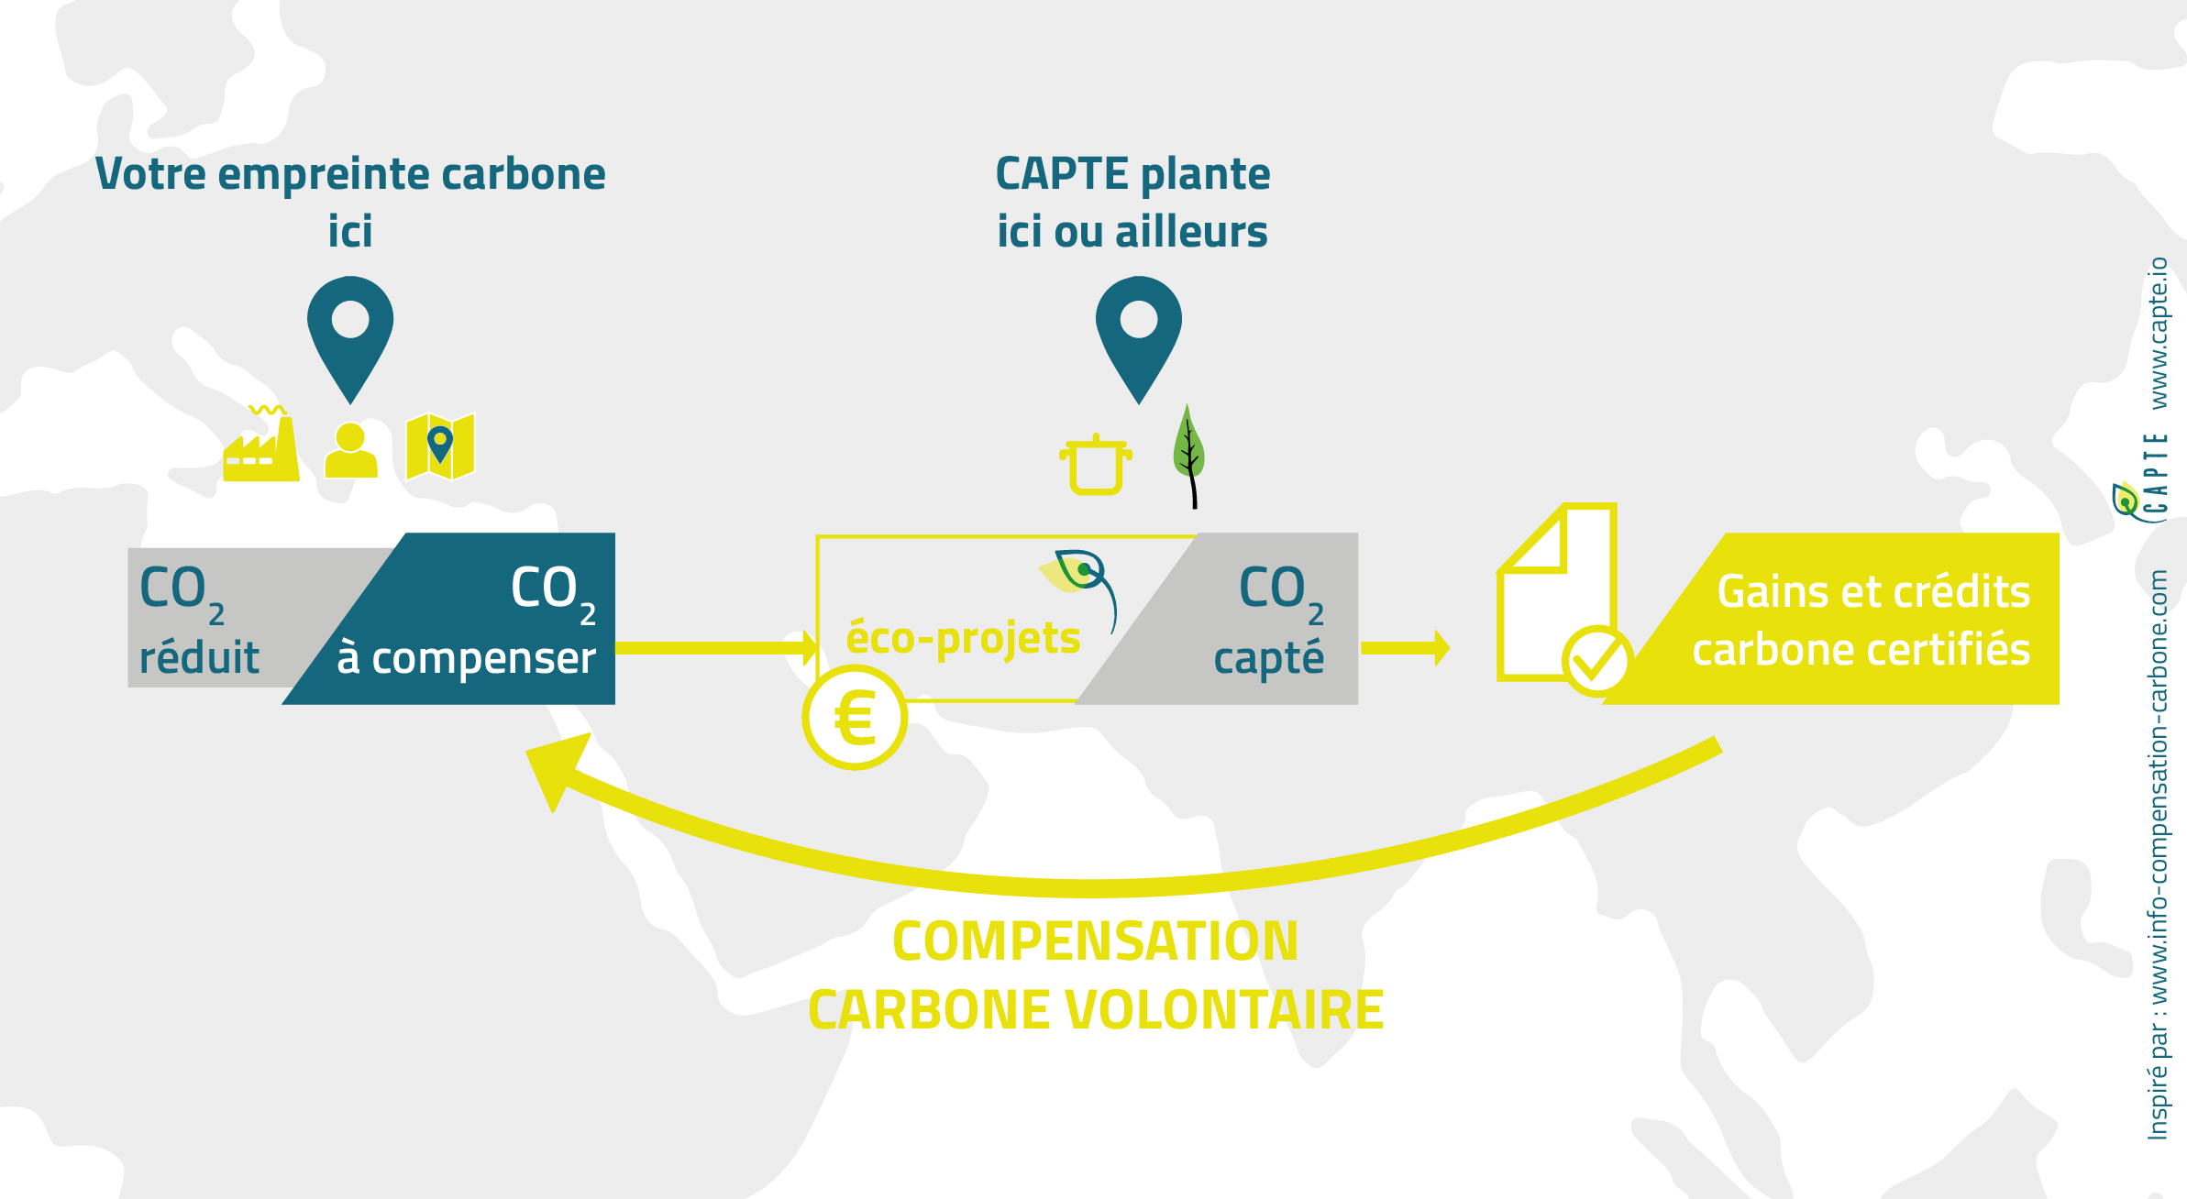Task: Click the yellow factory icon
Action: [x=261, y=447]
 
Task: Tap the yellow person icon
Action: [x=350, y=450]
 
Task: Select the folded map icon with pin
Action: [x=440, y=446]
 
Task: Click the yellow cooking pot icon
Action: [x=1096, y=465]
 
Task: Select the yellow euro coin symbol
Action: [x=855, y=718]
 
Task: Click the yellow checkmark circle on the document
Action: [x=1596, y=660]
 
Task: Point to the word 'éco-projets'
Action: [x=963, y=638]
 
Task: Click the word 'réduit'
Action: [x=199, y=658]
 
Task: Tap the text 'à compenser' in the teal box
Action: [x=466, y=658]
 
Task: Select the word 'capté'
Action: [x=1269, y=658]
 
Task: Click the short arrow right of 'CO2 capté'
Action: [x=1406, y=648]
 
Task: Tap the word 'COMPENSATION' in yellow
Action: [x=1095, y=941]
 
